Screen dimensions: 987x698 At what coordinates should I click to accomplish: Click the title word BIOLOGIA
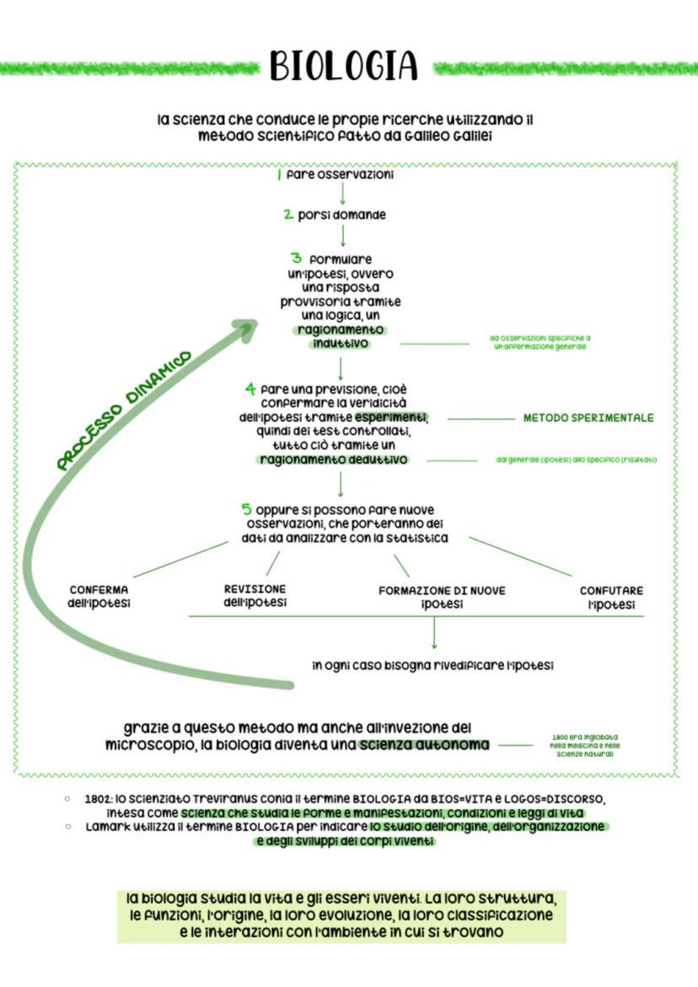click(344, 67)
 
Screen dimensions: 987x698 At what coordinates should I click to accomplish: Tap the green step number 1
click(278, 175)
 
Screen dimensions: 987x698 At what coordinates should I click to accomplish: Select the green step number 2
click(288, 215)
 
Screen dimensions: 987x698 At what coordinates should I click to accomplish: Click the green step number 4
click(250, 389)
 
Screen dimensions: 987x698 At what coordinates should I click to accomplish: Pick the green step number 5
click(246, 509)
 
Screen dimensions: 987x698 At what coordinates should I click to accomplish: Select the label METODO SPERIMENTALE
click(588, 417)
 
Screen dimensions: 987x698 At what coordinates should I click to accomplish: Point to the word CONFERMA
click(99, 590)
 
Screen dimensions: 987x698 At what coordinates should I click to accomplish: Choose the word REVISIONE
click(255, 588)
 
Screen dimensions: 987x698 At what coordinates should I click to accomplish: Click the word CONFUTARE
click(611, 591)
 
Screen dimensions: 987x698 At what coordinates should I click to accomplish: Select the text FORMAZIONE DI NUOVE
click(442, 591)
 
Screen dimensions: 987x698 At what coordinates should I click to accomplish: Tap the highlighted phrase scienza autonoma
click(423, 745)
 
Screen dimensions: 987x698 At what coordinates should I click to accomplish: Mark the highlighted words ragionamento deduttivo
click(334, 459)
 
